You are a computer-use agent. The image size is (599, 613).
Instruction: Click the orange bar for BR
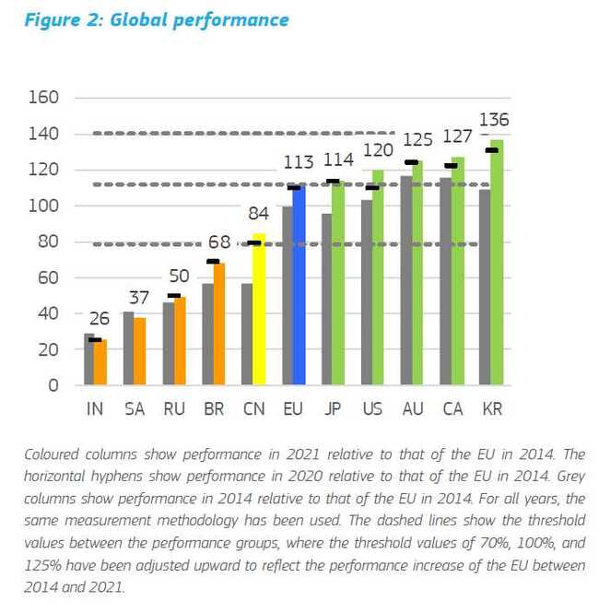(219, 323)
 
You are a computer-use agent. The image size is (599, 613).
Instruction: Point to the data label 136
(494, 121)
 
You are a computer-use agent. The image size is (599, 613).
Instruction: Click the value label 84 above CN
(259, 215)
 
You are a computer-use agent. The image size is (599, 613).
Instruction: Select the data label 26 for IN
(99, 319)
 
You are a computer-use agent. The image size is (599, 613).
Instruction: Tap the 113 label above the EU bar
(299, 163)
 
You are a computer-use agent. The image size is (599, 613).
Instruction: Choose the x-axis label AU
(412, 409)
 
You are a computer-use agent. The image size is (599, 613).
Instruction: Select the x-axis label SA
(135, 409)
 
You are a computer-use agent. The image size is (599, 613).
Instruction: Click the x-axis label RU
(174, 409)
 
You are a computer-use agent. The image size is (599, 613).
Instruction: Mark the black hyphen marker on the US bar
(372, 188)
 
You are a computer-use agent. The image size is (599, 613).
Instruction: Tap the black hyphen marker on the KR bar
(492, 150)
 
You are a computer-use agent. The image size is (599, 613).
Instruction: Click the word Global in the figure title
(141, 19)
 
